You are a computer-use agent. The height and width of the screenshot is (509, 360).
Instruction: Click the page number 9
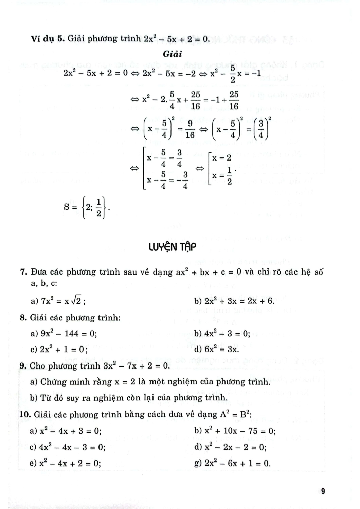click(x=323, y=491)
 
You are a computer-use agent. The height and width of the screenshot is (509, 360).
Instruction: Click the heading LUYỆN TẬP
click(x=173, y=247)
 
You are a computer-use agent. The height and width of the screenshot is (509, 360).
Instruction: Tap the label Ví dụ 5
click(x=47, y=39)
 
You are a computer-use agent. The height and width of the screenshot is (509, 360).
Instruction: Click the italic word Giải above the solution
click(x=173, y=54)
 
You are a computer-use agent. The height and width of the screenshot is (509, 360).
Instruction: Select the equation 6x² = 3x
click(x=222, y=349)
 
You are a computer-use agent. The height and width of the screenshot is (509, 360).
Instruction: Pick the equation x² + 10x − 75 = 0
click(x=240, y=431)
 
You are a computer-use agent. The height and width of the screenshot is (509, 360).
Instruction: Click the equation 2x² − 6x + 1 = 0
click(x=237, y=463)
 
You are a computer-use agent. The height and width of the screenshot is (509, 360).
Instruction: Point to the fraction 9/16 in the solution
click(x=190, y=130)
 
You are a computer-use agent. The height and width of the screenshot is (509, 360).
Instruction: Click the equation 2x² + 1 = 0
click(x=64, y=350)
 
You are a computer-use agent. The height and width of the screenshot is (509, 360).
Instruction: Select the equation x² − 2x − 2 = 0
click(x=235, y=447)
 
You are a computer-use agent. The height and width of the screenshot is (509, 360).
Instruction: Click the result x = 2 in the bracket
click(x=222, y=158)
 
